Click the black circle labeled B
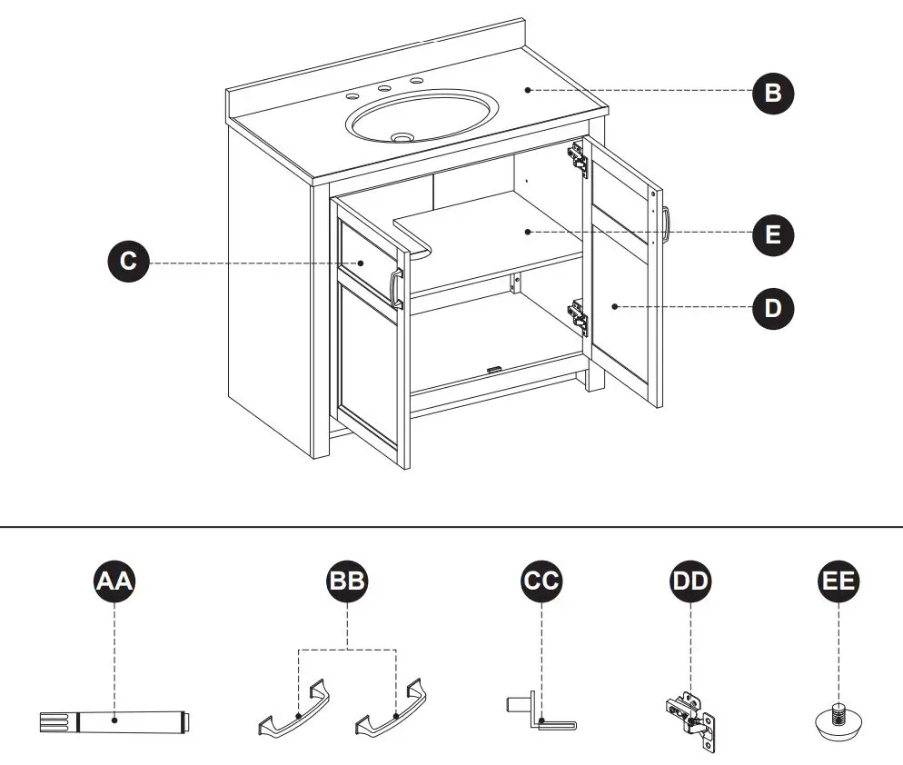[772, 92]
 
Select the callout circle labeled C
[128, 263]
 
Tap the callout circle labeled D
[772, 307]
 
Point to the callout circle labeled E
[772, 234]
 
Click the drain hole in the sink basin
[401, 137]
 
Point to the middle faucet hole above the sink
[384, 88]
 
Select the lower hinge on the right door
[578, 316]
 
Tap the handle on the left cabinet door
[396, 289]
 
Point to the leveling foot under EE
[837, 718]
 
